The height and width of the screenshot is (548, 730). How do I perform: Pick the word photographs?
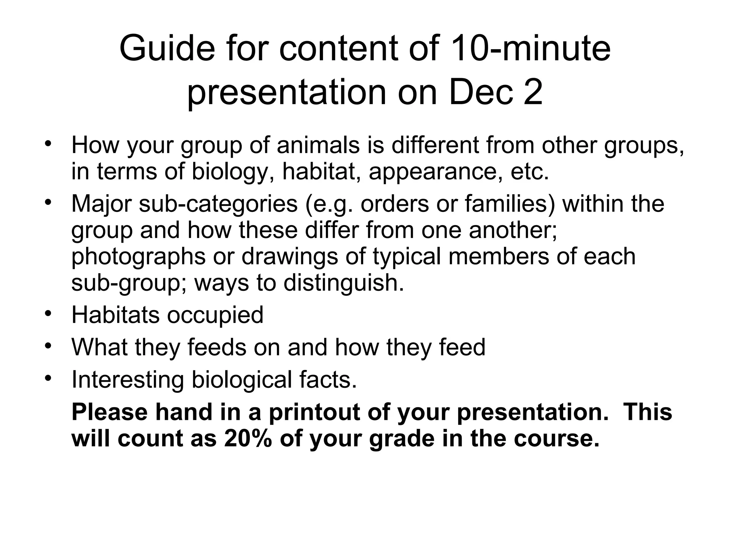click(138, 257)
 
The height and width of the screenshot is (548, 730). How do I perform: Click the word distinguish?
click(344, 283)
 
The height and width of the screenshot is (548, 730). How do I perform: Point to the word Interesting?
click(128, 380)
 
